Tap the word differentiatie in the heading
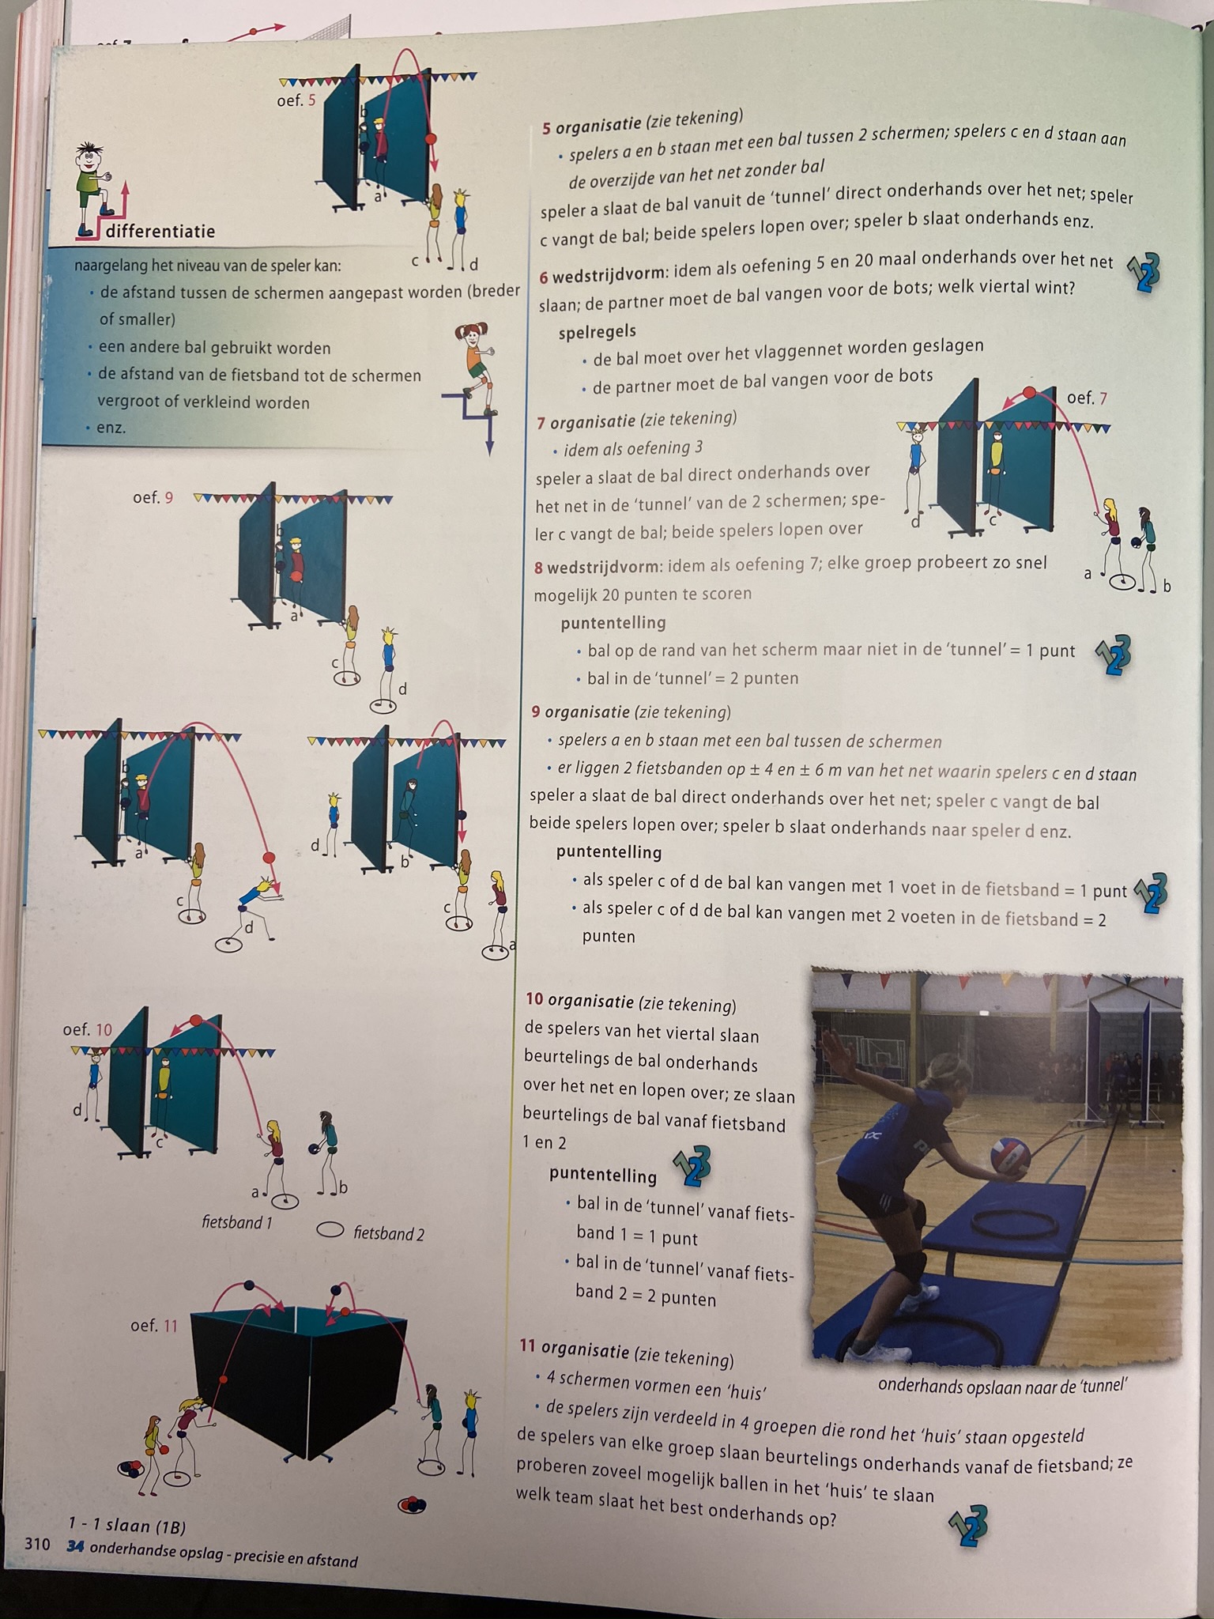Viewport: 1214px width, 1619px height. (160, 232)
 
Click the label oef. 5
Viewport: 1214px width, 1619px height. (296, 100)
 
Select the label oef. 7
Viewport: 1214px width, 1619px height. (1087, 398)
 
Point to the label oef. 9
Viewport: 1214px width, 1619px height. (153, 497)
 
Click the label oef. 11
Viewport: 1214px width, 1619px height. (155, 1325)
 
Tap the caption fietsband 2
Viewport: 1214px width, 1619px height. (389, 1233)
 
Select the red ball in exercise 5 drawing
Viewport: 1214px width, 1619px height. (431, 138)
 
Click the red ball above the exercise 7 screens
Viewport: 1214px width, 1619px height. (1029, 392)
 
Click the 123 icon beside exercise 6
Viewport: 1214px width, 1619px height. (1144, 273)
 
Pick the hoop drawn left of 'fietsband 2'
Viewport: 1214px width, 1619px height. (330, 1230)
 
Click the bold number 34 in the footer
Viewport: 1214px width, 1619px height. (76, 1545)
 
